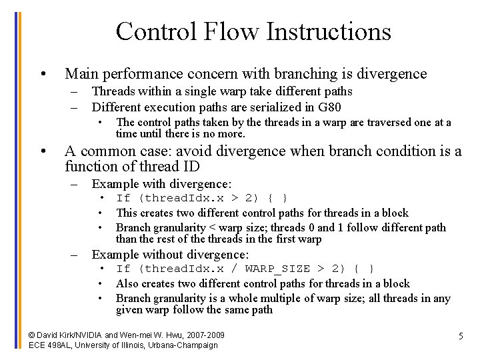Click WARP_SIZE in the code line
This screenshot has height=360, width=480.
(x=278, y=269)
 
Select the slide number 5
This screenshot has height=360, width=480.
(x=460, y=336)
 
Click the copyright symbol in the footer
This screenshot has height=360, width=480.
(x=33, y=335)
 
